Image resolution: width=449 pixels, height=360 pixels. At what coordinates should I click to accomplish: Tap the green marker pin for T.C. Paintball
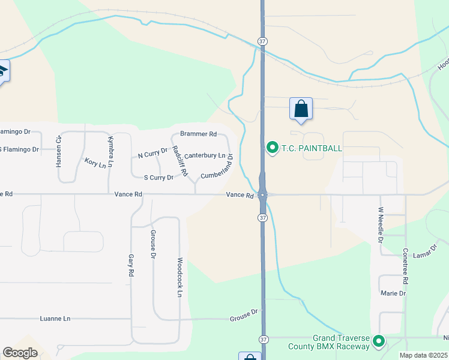(x=272, y=147)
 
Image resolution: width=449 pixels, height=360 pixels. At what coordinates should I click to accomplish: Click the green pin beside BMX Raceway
(x=379, y=342)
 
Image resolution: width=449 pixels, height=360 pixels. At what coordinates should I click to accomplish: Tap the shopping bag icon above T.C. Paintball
(x=301, y=109)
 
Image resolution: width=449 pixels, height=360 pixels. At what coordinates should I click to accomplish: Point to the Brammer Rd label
(x=198, y=134)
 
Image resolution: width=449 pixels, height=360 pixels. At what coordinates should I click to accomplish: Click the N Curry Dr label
(x=152, y=155)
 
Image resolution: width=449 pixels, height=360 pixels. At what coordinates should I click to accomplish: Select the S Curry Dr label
(x=158, y=177)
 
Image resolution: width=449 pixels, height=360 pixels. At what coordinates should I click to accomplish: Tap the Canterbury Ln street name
(x=205, y=155)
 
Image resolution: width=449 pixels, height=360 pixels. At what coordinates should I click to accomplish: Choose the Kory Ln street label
(x=95, y=163)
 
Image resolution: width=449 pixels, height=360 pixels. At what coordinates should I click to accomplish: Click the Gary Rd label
(x=131, y=265)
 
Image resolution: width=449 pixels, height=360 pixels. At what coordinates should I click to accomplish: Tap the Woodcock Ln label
(x=179, y=277)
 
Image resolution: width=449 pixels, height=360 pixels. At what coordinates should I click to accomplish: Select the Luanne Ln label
(x=55, y=319)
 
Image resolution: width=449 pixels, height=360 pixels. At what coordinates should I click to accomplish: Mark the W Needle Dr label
(x=381, y=225)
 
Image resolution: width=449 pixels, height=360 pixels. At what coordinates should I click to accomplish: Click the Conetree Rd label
(x=406, y=266)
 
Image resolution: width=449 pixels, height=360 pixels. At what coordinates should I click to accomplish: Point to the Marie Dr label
(x=393, y=293)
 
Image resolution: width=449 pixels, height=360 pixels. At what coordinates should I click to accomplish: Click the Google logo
(x=20, y=353)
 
